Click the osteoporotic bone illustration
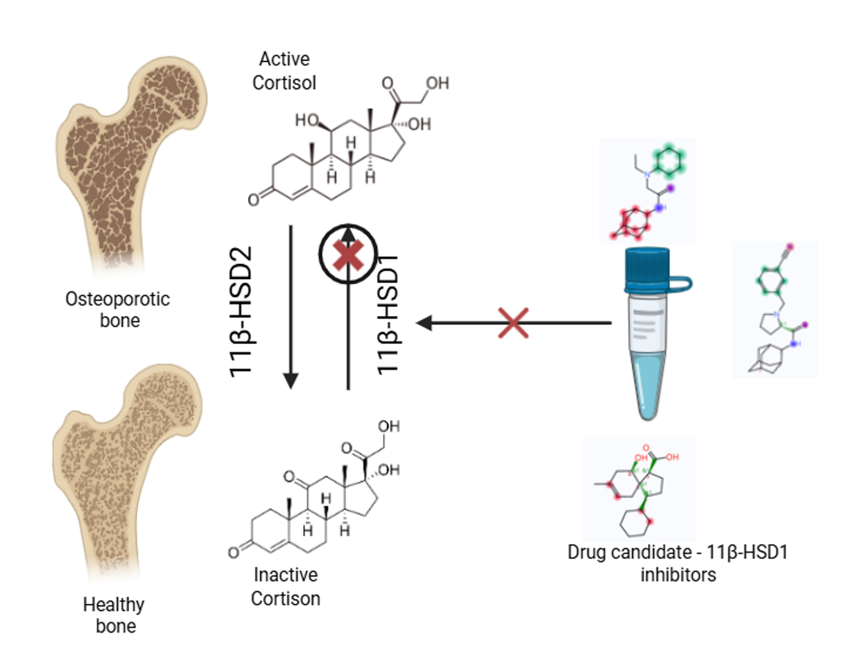pos(130,162)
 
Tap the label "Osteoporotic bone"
pos(118,309)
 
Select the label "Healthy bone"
pos(114,615)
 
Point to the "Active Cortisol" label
pos(284,71)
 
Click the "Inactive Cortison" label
pos(286,587)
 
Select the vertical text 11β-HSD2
pos(241,311)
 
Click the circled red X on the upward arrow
pos(348,255)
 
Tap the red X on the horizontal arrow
pos(513,322)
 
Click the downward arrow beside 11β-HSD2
pos(291,305)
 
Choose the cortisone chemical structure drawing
pos(318,493)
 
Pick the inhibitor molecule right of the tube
pos(775,310)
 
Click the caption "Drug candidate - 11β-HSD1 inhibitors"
pos(678,563)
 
